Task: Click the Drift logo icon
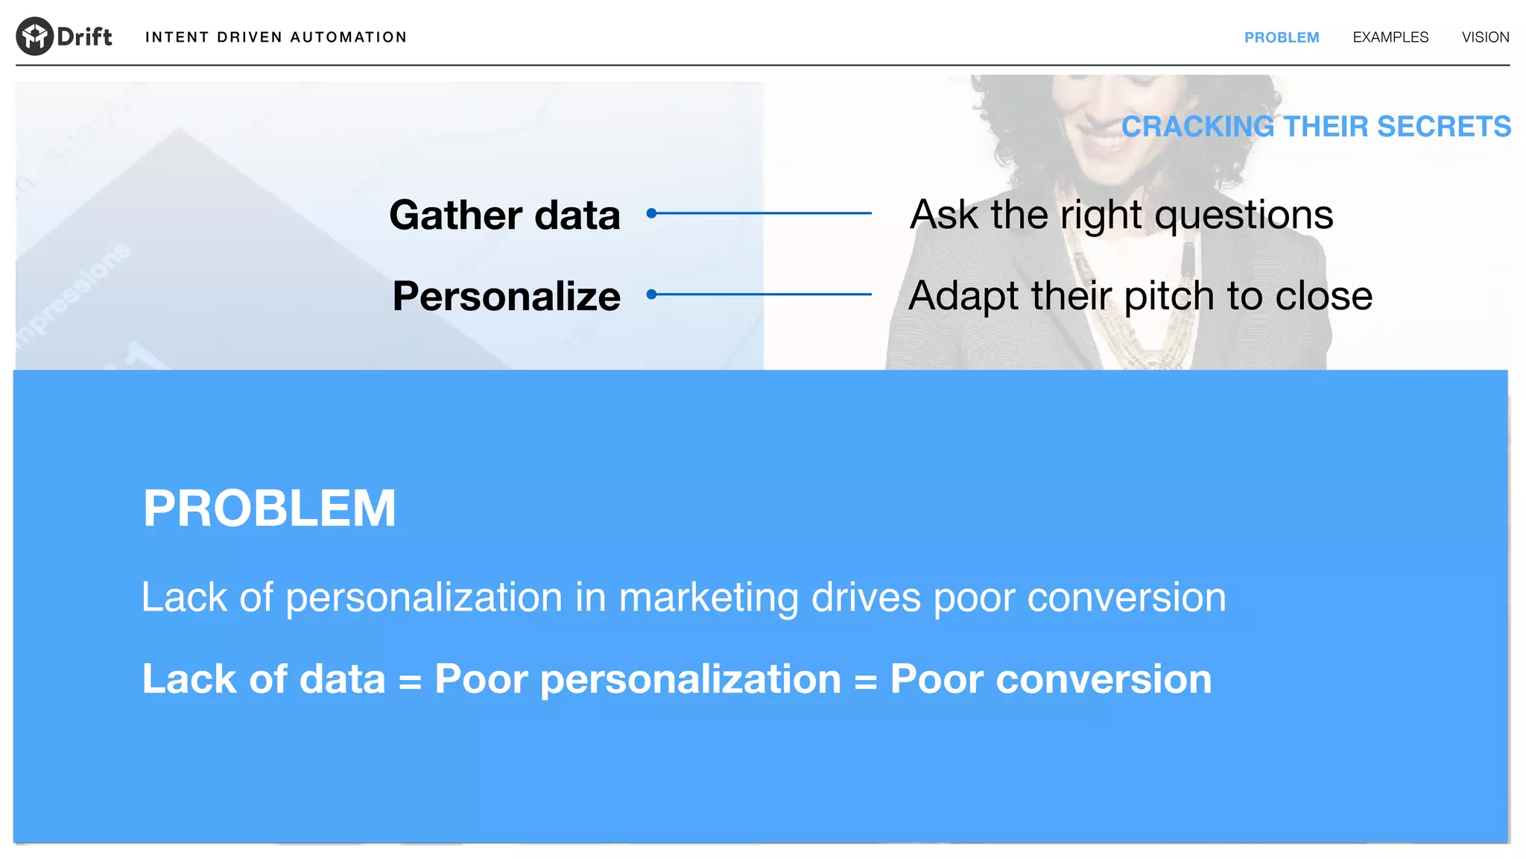point(34,36)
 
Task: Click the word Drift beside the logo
point(84,37)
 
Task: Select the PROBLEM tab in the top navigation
point(1281,37)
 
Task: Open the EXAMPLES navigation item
point(1390,37)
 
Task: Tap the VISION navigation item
point(1485,37)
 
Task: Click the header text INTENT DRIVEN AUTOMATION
point(276,37)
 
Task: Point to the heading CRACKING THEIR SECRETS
point(1316,127)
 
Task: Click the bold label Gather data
point(504,215)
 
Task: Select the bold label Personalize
point(506,296)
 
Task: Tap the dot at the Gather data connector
point(651,213)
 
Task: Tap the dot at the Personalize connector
point(651,295)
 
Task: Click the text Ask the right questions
point(1121,215)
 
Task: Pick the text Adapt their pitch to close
point(1140,296)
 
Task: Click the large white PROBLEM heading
point(269,509)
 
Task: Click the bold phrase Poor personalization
point(637,679)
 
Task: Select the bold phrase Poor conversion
point(1051,679)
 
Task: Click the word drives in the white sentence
point(866,598)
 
